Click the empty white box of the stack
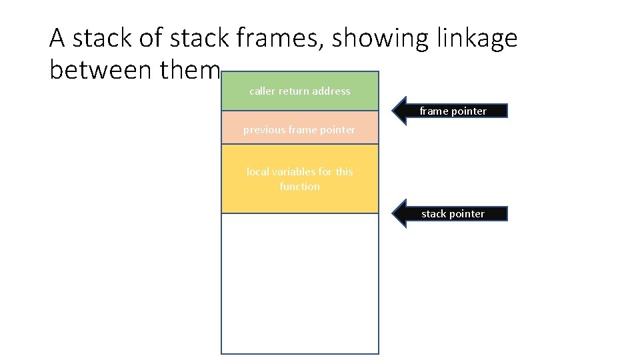300,283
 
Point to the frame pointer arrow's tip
393,111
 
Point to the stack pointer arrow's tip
393,213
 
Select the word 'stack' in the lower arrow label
434,214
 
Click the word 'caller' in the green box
262,91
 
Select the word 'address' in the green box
331,91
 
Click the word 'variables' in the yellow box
294,172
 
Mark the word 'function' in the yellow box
300,187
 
